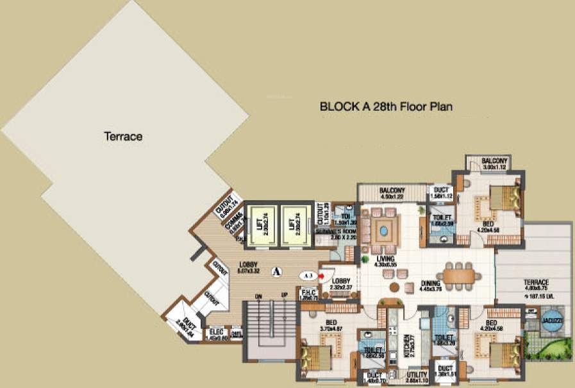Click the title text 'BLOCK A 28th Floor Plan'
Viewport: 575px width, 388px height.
pyautogui.click(x=386, y=107)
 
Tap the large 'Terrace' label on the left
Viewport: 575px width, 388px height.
pyautogui.click(x=122, y=137)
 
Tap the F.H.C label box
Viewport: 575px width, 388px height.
pyautogui.click(x=310, y=294)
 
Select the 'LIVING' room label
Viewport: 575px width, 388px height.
pyautogui.click(x=385, y=260)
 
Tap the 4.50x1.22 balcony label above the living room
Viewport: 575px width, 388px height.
pyautogui.click(x=391, y=194)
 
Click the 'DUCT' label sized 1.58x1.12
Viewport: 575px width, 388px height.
pyautogui.click(x=442, y=193)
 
